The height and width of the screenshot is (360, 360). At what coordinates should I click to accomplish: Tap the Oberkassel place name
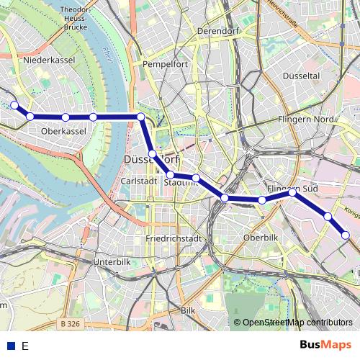point(64,132)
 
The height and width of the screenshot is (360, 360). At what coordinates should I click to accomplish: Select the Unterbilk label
point(112,262)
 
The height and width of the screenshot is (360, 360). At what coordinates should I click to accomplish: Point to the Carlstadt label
point(138,182)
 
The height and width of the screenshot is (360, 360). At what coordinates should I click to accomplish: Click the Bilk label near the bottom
point(188,310)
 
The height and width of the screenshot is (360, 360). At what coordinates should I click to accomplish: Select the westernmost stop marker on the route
point(14,105)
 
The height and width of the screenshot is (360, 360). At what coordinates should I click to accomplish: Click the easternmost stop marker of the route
point(346,235)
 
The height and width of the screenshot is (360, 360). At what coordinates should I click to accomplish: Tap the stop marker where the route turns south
point(141,117)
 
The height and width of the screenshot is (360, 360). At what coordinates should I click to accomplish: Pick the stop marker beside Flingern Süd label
point(292,192)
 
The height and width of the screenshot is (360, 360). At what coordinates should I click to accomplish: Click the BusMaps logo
point(325,346)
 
